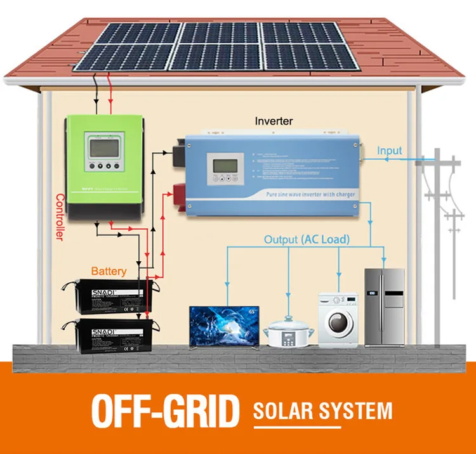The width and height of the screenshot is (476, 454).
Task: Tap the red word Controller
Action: (x=60, y=216)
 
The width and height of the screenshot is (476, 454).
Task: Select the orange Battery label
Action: (x=109, y=271)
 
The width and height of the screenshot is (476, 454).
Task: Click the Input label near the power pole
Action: (x=390, y=150)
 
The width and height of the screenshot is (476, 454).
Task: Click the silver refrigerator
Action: (x=384, y=307)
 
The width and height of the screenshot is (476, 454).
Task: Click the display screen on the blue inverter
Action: (x=225, y=166)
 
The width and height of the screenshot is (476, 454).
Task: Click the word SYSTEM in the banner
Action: (x=355, y=410)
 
